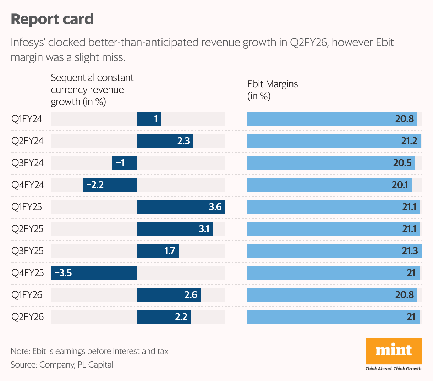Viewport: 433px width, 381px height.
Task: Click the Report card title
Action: click(x=52, y=19)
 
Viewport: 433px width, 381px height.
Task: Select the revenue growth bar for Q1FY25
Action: click(x=181, y=207)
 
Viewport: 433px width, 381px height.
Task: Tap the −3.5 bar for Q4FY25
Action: click(x=94, y=273)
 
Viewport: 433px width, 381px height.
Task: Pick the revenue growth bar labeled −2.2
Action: click(x=110, y=185)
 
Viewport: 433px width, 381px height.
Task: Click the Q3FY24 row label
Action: click(x=27, y=163)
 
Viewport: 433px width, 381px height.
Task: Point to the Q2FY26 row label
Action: click(x=27, y=317)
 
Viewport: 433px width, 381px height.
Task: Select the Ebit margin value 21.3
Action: click(x=410, y=251)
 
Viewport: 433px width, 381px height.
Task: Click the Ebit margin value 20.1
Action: click(x=400, y=185)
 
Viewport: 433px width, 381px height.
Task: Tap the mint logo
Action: click(x=394, y=351)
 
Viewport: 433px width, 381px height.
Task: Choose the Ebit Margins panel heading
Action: click(x=272, y=90)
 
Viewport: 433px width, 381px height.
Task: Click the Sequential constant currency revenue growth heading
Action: click(x=92, y=90)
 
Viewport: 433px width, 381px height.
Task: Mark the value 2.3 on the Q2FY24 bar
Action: click(x=183, y=141)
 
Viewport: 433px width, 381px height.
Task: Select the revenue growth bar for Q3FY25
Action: click(x=158, y=251)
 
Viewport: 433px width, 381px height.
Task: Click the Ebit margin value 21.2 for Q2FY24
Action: click(x=409, y=141)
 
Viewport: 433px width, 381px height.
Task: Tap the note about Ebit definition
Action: click(x=89, y=351)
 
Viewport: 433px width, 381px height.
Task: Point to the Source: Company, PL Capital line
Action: click(x=62, y=365)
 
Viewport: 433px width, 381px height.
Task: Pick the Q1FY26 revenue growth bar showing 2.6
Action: click(x=169, y=295)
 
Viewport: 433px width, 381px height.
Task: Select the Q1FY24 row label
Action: click(x=27, y=119)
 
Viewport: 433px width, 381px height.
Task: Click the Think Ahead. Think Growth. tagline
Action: click(x=394, y=369)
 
